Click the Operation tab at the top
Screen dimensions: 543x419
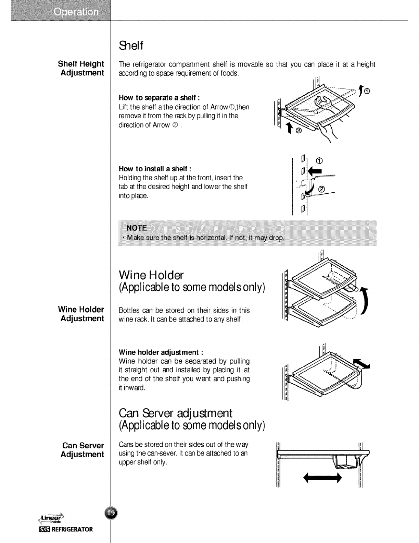76,12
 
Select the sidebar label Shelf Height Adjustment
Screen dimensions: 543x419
81,68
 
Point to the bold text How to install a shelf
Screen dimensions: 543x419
155,169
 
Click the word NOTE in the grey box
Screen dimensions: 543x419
136,228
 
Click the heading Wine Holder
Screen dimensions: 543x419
151,275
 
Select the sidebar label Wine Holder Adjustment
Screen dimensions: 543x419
81,314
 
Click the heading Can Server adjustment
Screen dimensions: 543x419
175,413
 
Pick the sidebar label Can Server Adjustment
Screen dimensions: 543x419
82,450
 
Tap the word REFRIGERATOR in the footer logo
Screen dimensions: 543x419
72,529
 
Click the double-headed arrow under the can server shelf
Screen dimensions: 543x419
323,477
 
